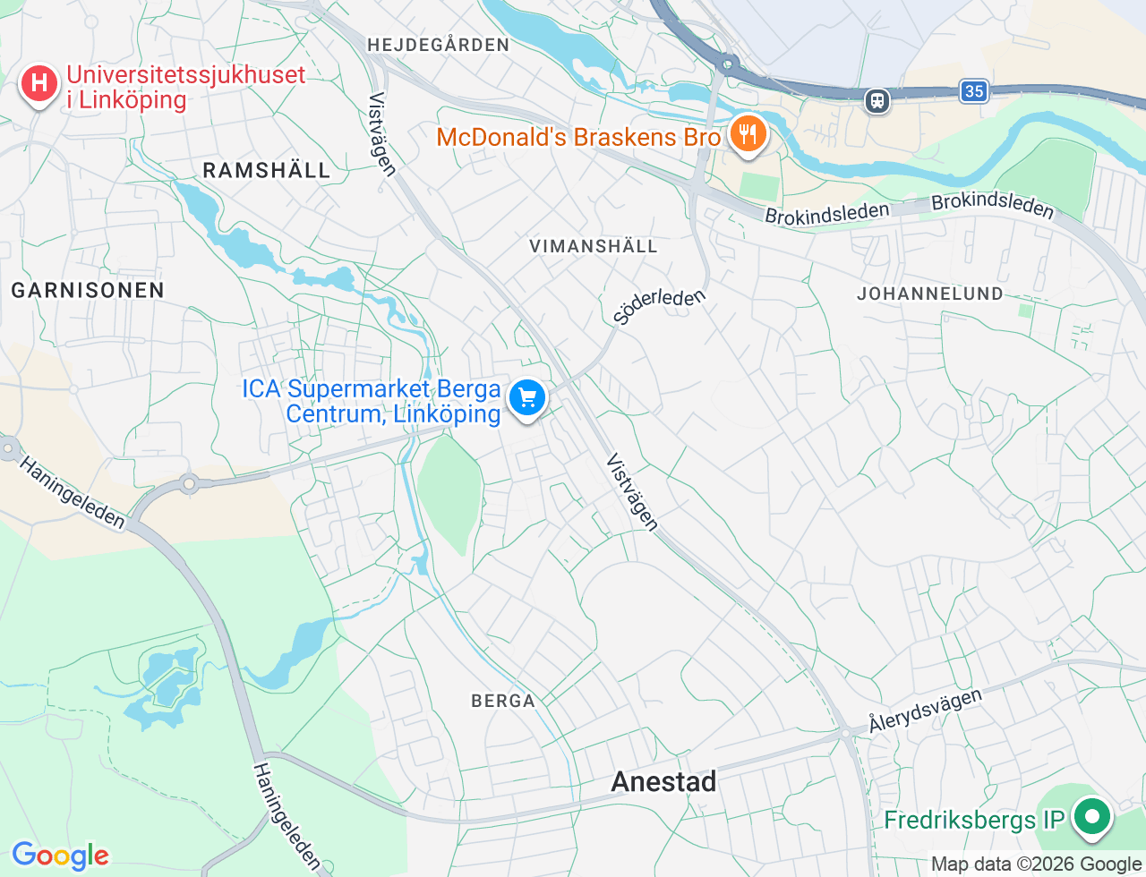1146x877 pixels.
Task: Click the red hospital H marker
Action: (38, 84)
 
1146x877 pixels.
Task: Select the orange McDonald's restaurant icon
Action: (746, 134)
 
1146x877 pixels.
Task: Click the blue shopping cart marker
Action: (527, 396)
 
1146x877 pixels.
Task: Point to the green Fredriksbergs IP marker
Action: (1091, 817)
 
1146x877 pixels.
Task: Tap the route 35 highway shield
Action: (974, 90)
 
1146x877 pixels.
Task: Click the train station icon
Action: (877, 100)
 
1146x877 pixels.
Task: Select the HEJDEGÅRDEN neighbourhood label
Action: (438, 45)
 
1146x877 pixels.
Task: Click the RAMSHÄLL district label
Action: (267, 170)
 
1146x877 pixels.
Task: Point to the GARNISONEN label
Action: (88, 290)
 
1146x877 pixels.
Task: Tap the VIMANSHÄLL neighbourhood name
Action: (594, 246)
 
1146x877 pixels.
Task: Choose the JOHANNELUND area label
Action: (930, 294)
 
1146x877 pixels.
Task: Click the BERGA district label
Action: (503, 701)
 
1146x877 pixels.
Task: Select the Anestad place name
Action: (663, 782)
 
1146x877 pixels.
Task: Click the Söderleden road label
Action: (660, 305)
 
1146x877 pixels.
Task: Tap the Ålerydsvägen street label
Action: (925, 711)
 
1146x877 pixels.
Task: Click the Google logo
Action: (61, 856)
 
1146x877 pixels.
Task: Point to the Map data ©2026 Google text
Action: (1036, 864)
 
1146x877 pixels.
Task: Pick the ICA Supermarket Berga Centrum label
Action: (372, 401)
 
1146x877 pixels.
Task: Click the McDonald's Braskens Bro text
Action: (578, 137)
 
